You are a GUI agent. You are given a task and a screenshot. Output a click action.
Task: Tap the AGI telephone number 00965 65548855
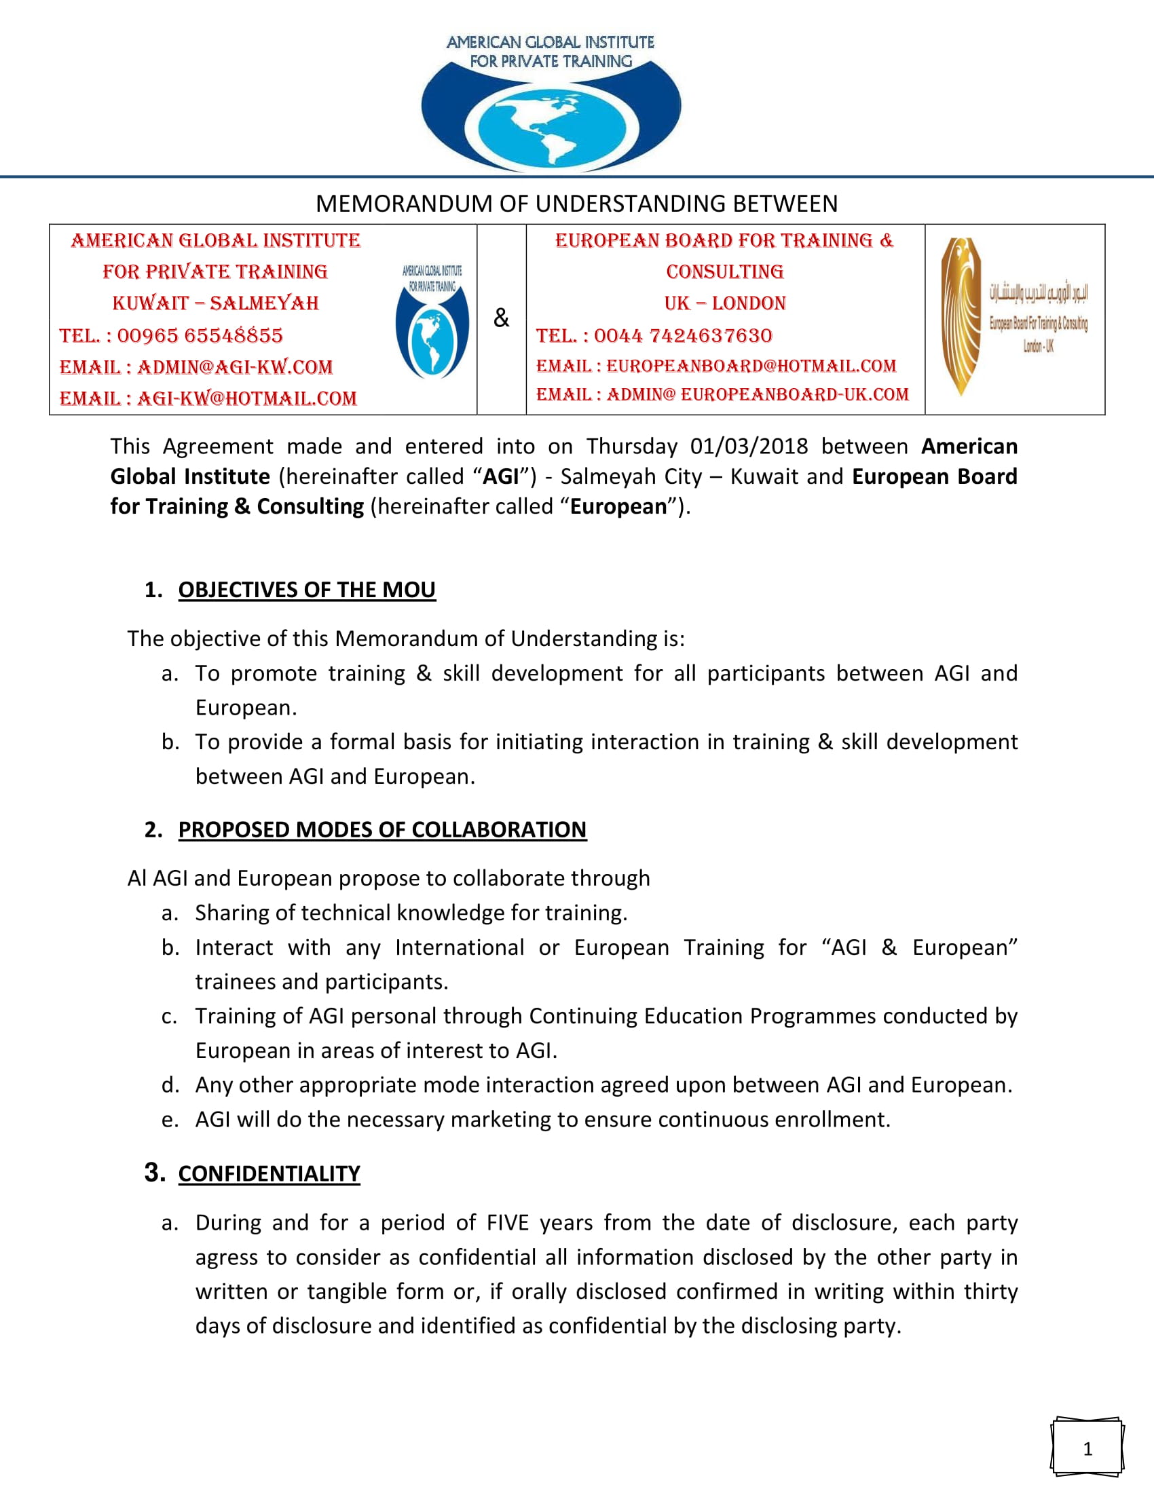pos(200,336)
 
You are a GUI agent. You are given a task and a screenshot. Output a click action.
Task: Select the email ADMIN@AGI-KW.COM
pos(234,367)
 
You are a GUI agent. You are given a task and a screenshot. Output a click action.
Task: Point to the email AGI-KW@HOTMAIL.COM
pos(247,398)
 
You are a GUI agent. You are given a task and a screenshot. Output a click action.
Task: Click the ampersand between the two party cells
pos(501,318)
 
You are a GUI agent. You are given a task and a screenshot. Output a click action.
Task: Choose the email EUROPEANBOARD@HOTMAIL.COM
pos(751,366)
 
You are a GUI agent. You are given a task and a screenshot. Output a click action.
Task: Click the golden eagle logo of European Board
pos(961,316)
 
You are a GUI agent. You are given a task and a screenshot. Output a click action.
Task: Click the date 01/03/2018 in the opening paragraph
pos(749,447)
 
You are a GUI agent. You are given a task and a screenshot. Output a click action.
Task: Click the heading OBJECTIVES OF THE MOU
pos(306,590)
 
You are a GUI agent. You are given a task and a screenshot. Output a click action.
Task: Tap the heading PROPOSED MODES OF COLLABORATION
pos(382,829)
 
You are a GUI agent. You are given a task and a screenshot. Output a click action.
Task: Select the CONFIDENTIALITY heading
pos(269,1173)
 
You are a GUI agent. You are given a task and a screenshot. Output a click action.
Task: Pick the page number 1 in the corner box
pos(1087,1448)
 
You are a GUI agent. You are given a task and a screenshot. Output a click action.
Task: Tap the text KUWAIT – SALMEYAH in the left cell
pos(215,303)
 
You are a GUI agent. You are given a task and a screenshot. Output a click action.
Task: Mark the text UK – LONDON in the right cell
pos(725,303)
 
